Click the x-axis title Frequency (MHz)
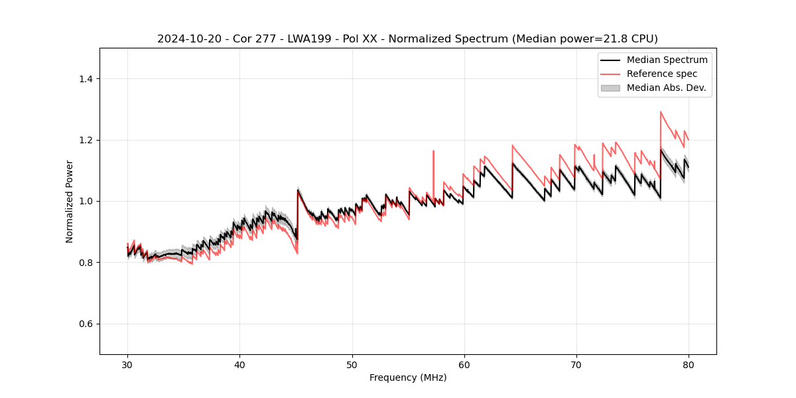[x=408, y=377]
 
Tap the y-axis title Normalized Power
[x=70, y=201]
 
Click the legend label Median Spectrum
[x=667, y=60]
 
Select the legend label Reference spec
[x=662, y=74]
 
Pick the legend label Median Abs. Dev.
[x=667, y=88]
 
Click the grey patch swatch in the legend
[x=610, y=88]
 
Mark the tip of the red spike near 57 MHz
[x=433, y=151]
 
